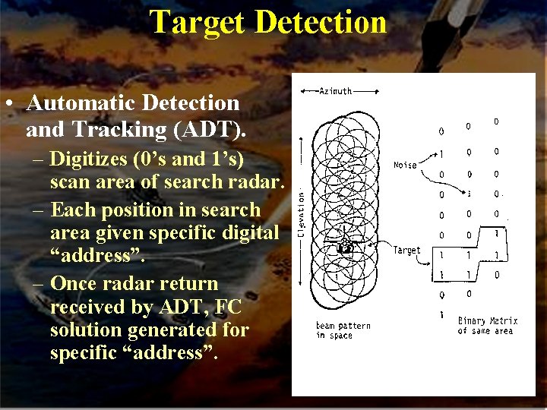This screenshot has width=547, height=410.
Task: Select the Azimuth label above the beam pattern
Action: [335, 91]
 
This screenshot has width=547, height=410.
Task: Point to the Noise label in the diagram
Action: [405, 165]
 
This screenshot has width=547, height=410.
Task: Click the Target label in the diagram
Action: [406, 250]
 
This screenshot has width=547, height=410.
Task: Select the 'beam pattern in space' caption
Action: [343, 330]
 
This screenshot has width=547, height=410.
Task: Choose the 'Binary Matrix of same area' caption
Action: [485, 326]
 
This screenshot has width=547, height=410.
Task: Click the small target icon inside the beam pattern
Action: [343, 248]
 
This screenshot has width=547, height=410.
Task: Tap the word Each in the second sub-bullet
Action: [71, 210]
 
